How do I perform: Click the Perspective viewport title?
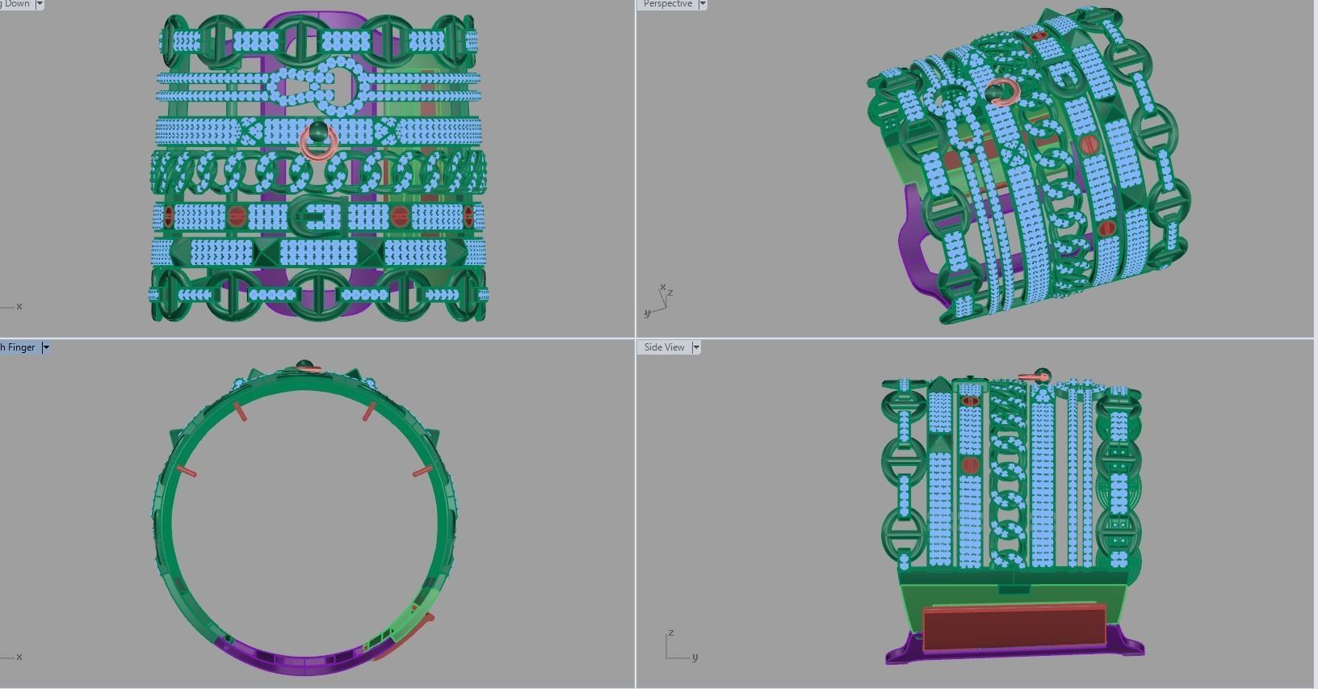(667, 4)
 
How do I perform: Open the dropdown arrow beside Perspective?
(703, 4)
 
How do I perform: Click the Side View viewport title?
(664, 347)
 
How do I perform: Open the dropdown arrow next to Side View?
(696, 347)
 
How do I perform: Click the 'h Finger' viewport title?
(18, 347)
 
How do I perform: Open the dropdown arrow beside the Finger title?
(46, 347)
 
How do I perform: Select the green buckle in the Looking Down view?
(317, 216)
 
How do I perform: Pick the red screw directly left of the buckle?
(236, 216)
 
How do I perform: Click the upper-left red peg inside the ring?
(240, 411)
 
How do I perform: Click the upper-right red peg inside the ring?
(369, 411)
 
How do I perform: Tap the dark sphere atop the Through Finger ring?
(304, 365)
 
